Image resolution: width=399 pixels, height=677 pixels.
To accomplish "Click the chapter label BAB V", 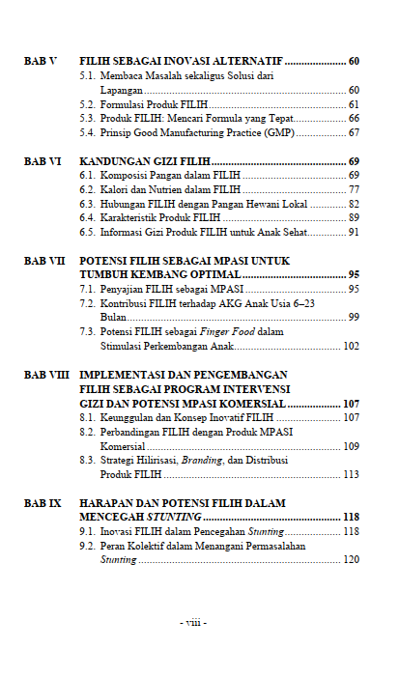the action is coord(40,60).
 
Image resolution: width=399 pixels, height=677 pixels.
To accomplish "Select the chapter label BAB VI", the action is coord(42,161).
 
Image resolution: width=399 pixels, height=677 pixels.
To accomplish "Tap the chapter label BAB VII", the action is coord(44,261).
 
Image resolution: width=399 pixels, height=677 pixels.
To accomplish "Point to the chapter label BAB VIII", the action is coord(46,374).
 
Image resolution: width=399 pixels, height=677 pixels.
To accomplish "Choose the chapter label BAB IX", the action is coord(43,502).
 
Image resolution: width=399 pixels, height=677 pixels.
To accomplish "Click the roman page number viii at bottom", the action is coord(193,622).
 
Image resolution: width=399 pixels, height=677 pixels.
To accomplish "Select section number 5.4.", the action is coord(87,132).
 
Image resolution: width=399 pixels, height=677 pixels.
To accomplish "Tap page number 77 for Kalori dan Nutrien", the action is coord(354,190).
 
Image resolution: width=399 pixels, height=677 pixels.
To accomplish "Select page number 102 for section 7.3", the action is coord(351,346).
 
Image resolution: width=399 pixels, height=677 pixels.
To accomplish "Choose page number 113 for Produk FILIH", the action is coord(351,474).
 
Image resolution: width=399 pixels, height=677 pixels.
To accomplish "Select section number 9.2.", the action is coord(87,546).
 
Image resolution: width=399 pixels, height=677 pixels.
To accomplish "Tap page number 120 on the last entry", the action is coord(351,559).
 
